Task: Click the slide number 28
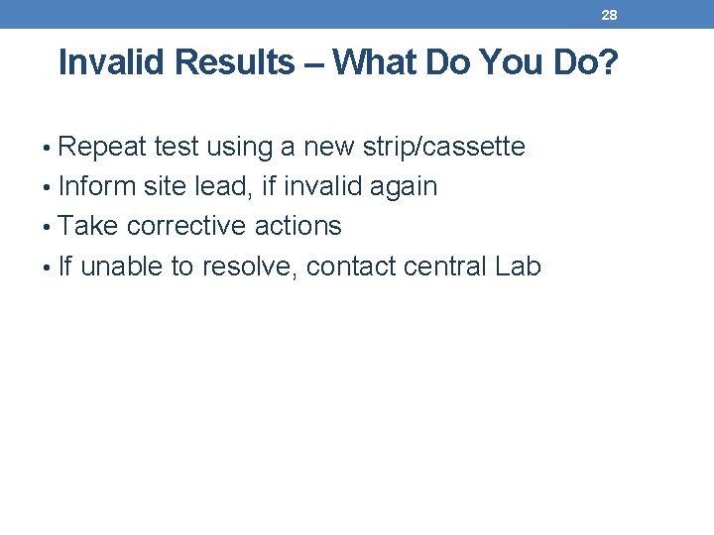(x=609, y=15)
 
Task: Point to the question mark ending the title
(x=609, y=63)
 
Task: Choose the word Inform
(x=97, y=186)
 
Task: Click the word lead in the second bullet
(x=225, y=186)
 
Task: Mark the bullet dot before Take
(x=50, y=227)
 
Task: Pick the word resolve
(x=247, y=266)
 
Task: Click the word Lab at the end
(x=519, y=266)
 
